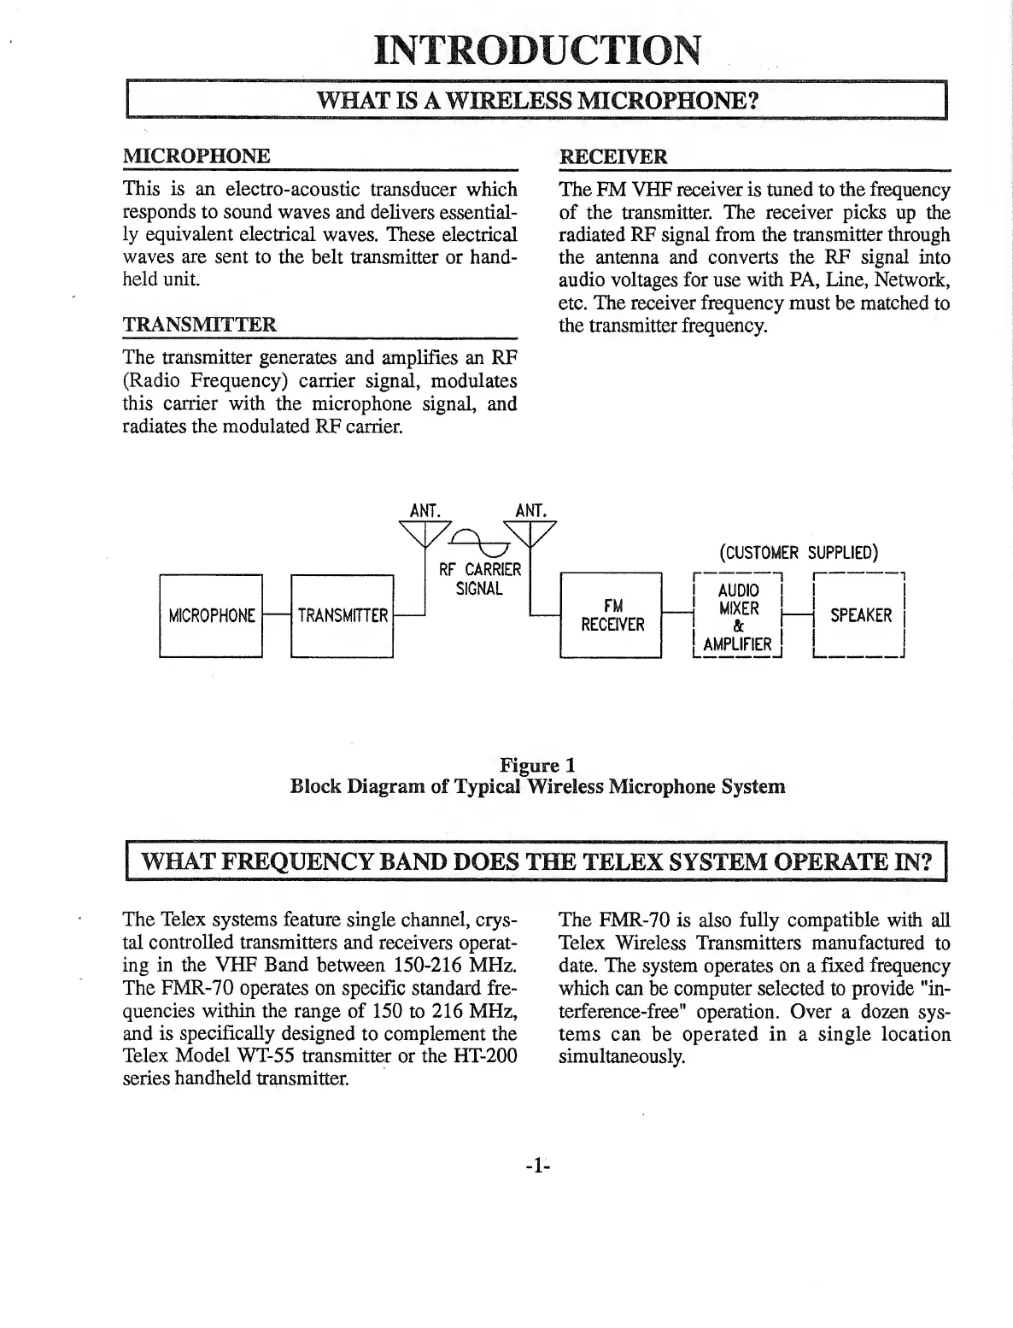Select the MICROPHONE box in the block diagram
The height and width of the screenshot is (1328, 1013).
click(211, 615)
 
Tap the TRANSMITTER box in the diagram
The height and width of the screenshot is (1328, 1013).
click(342, 615)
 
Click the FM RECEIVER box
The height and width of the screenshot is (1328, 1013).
click(612, 615)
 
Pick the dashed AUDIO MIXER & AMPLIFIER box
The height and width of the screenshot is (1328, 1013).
click(737, 616)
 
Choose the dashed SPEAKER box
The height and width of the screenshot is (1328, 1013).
click(859, 615)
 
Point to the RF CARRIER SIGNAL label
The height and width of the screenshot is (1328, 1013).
click(479, 579)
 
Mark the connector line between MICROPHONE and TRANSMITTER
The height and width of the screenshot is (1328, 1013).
click(277, 615)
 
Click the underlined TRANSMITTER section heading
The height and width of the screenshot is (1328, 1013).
click(200, 325)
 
